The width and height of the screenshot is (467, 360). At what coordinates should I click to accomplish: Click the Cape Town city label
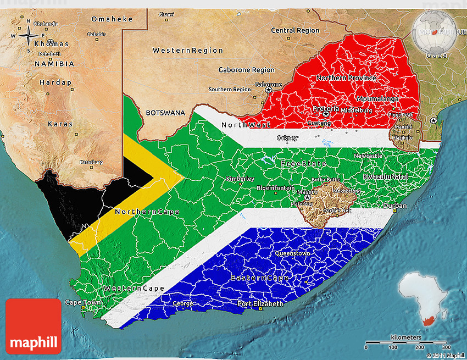(x=83, y=302)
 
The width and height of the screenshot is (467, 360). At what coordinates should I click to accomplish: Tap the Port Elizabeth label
(x=260, y=303)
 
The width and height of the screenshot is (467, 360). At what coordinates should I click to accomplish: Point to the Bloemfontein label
(x=275, y=188)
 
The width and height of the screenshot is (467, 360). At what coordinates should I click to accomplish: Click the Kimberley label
(x=240, y=179)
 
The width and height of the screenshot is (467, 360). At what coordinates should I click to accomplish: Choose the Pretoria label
(x=326, y=108)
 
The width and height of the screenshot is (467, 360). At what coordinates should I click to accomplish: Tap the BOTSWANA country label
(x=165, y=113)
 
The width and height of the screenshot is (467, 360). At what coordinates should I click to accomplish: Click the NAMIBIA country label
(x=54, y=64)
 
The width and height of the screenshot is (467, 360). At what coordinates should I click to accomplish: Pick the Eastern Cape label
(x=260, y=278)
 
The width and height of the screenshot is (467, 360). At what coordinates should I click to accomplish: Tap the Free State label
(x=303, y=164)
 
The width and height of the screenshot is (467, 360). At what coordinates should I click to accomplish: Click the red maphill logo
(x=33, y=326)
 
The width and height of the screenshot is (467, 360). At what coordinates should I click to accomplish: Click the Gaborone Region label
(x=246, y=70)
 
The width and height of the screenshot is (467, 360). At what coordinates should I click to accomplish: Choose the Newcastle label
(x=368, y=156)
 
